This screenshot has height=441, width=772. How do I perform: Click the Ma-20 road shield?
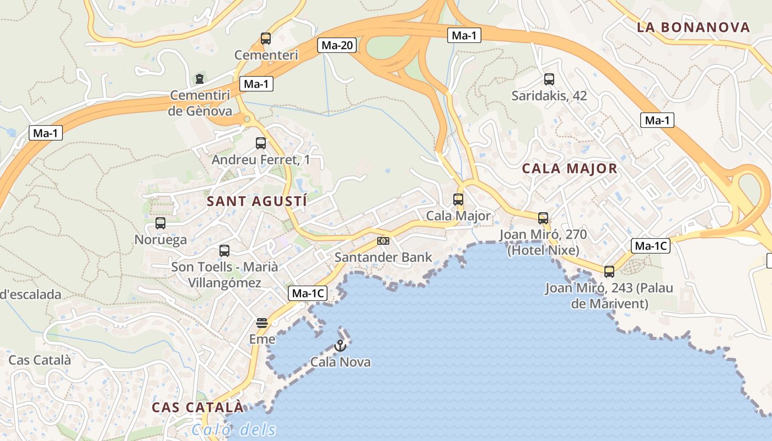pyautogui.click(x=336, y=45)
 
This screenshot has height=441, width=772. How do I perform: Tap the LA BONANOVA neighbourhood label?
pyautogui.click(x=693, y=27)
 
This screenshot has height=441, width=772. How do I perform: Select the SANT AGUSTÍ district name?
pyautogui.click(x=257, y=201)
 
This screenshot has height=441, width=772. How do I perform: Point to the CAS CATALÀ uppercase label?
pyautogui.click(x=197, y=407)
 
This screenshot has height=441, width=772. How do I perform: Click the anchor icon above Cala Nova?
pyautogui.click(x=340, y=346)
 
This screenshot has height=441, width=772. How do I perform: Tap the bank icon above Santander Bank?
pyautogui.click(x=383, y=241)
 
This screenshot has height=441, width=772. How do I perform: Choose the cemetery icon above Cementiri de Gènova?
pyautogui.click(x=200, y=79)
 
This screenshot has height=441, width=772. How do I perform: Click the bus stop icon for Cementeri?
pyautogui.click(x=266, y=39)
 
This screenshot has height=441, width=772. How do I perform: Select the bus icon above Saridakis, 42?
pyautogui.click(x=549, y=79)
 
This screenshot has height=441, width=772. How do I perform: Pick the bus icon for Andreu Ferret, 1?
pyautogui.click(x=261, y=143)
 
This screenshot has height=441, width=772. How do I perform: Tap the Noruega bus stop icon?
pyautogui.click(x=160, y=223)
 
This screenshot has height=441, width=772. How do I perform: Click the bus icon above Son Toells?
pyautogui.click(x=224, y=251)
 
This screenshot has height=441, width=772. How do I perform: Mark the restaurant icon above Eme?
pyautogui.click(x=262, y=323)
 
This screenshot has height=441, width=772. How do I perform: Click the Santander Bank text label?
pyautogui.click(x=383, y=257)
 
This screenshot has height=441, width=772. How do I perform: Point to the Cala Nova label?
pyautogui.click(x=340, y=362)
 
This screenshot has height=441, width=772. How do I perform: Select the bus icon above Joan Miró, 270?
pyautogui.click(x=543, y=218)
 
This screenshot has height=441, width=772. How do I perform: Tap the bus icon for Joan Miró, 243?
pyautogui.click(x=609, y=271)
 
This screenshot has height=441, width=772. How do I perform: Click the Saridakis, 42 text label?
pyautogui.click(x=549, y=96)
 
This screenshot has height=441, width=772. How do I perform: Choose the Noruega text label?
pyautogui.click(x=160, y=240)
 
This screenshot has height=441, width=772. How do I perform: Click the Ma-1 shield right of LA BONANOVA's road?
pyautogui.click(x=657, y=120)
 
